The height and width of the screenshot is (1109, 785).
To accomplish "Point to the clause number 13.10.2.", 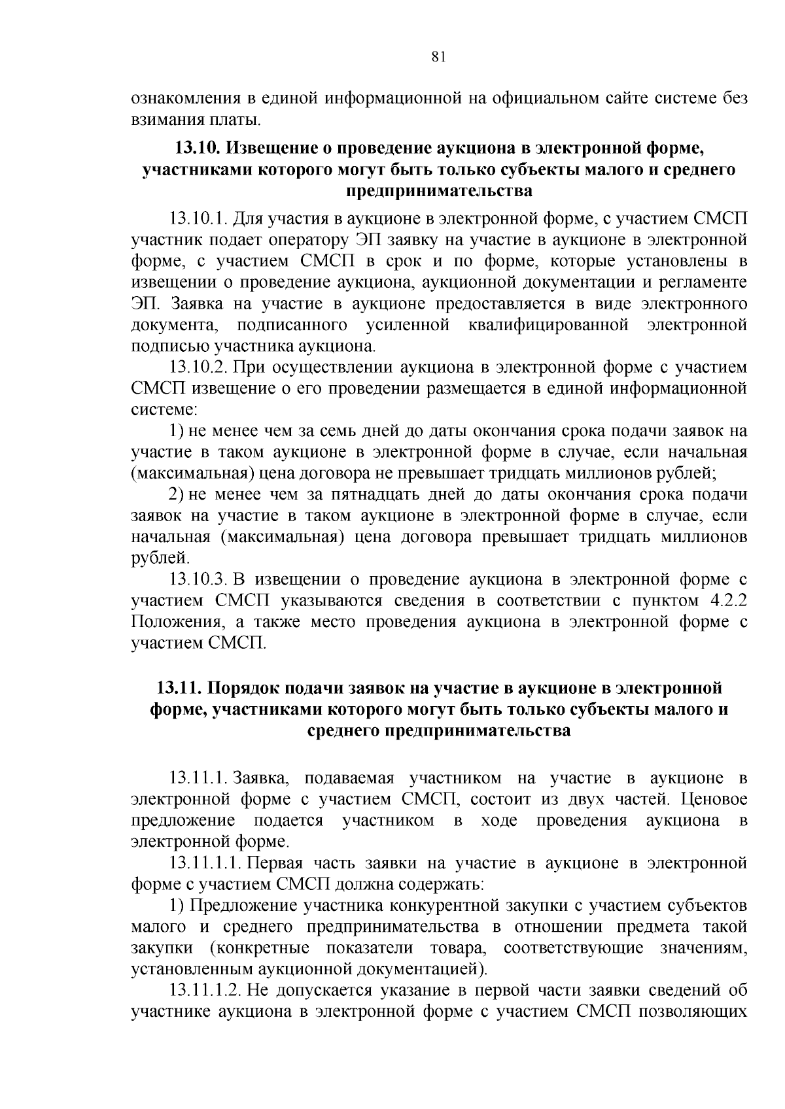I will [198, 367].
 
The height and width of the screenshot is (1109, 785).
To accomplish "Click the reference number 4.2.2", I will [728, 601].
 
